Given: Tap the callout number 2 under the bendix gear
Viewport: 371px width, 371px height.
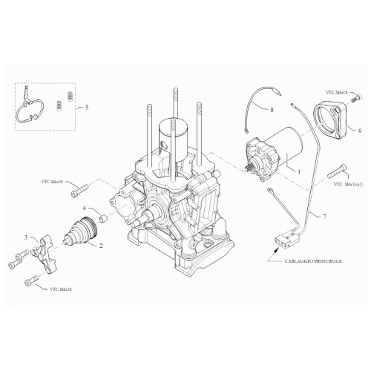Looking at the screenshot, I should (101, 244).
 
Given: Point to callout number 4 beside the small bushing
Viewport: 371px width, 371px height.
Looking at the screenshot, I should (84, 208).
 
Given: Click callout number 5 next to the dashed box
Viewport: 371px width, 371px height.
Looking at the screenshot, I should (87, 108).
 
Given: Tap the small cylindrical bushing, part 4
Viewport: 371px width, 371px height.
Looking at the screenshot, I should (102, 220).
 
